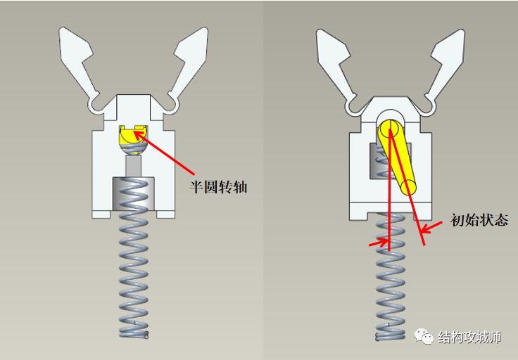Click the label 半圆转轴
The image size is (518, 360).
click(218, 187)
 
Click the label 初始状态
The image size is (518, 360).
click(479, 220)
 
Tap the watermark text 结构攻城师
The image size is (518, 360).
click(469, 337)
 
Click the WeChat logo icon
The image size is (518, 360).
click(424, 337)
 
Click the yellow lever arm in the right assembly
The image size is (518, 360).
click(397, 157)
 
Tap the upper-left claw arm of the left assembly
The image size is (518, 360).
click(77, 63)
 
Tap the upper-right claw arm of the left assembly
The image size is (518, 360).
click(191, 63)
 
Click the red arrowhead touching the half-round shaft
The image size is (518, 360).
click(139, 135)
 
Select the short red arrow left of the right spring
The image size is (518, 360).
click(379, 242)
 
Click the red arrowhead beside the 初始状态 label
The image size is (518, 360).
click(427, 229)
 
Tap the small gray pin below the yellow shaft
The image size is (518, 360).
click(134, 166)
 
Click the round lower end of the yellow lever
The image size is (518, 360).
click(408, 187)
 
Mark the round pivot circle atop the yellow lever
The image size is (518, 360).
click(389, 129)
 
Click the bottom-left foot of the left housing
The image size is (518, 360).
click(101, 214)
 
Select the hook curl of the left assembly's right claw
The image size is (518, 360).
click(173, 106)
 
